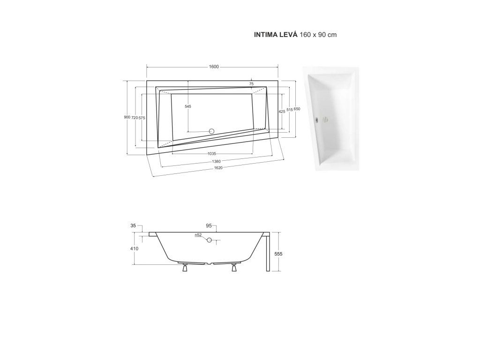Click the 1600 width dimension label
214,67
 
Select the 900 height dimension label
127,118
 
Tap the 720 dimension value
135,118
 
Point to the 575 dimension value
142,118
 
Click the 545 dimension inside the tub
188,106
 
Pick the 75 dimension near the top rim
251,84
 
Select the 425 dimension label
282,112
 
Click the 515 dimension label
290,109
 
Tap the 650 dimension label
297,109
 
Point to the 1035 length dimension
212,154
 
